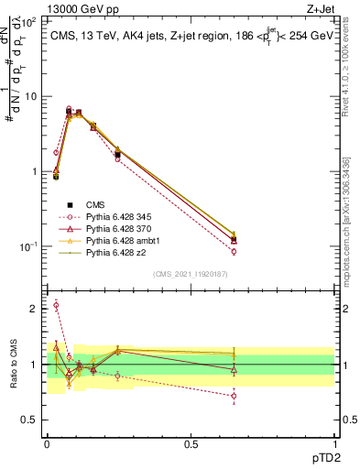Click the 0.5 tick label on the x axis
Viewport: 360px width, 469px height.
(x=191, y=443)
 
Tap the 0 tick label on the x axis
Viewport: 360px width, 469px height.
(x=47, y=443)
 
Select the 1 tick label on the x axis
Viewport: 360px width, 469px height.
(x=334, y=443)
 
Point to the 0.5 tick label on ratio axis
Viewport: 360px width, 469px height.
(x=30, y=420)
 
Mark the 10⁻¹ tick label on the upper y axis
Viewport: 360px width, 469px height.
(x=27, y=246)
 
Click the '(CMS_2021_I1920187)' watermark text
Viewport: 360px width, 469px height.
(x=190, y=273)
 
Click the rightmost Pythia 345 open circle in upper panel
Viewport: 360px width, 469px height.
(x=234, y=251)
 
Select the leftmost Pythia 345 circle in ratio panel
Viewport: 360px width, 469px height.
(x=56, y=305)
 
